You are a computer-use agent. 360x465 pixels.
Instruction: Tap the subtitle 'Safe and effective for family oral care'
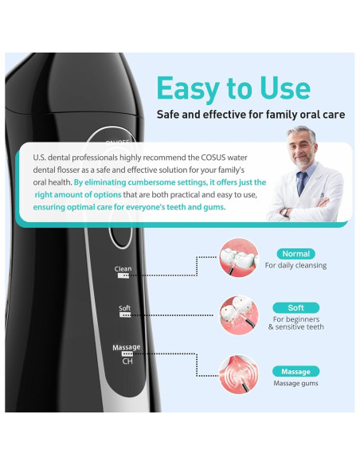point(251,115)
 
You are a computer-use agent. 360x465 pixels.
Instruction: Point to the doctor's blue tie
point(303,182)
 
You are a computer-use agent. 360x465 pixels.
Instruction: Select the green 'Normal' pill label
point(295,254)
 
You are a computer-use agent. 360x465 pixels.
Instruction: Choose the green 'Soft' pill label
point(295,307)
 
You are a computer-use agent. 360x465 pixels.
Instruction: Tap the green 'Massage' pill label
point(295,371)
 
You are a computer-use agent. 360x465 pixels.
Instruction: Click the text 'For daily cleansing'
point(295,266)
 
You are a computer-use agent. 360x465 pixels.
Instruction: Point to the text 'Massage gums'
point(295,384)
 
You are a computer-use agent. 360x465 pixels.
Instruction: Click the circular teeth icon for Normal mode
point(239,257)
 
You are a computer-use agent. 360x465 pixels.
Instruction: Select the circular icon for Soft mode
point(239,315)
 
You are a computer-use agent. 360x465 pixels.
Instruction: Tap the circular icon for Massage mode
point(239,374)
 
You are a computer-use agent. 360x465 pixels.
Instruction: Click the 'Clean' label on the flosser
point(123,269)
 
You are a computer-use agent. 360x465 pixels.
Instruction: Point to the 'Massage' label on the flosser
point(127,348)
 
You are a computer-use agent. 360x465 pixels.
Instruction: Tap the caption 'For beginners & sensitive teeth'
point(295,322)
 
